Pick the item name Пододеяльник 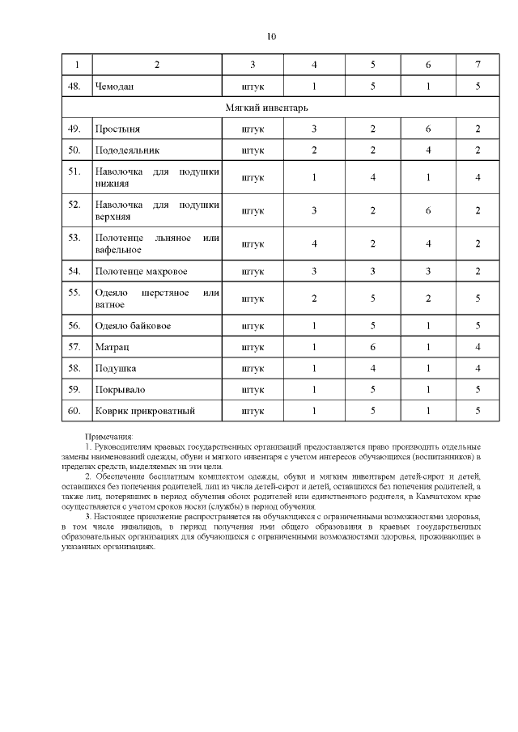tap(127, 150)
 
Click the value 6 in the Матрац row tap(373, 347)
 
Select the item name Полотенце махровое tap(141, 271)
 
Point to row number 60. tap(75, 411)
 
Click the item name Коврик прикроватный tap(145, 411)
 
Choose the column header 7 tap(478, 65)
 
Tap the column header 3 tap(253, 65)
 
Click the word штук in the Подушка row tap(253, 369)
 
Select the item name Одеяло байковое tap(133, 326)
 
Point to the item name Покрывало tap(120, 390)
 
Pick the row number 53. tap(75, 238)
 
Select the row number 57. tap(75, 347)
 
